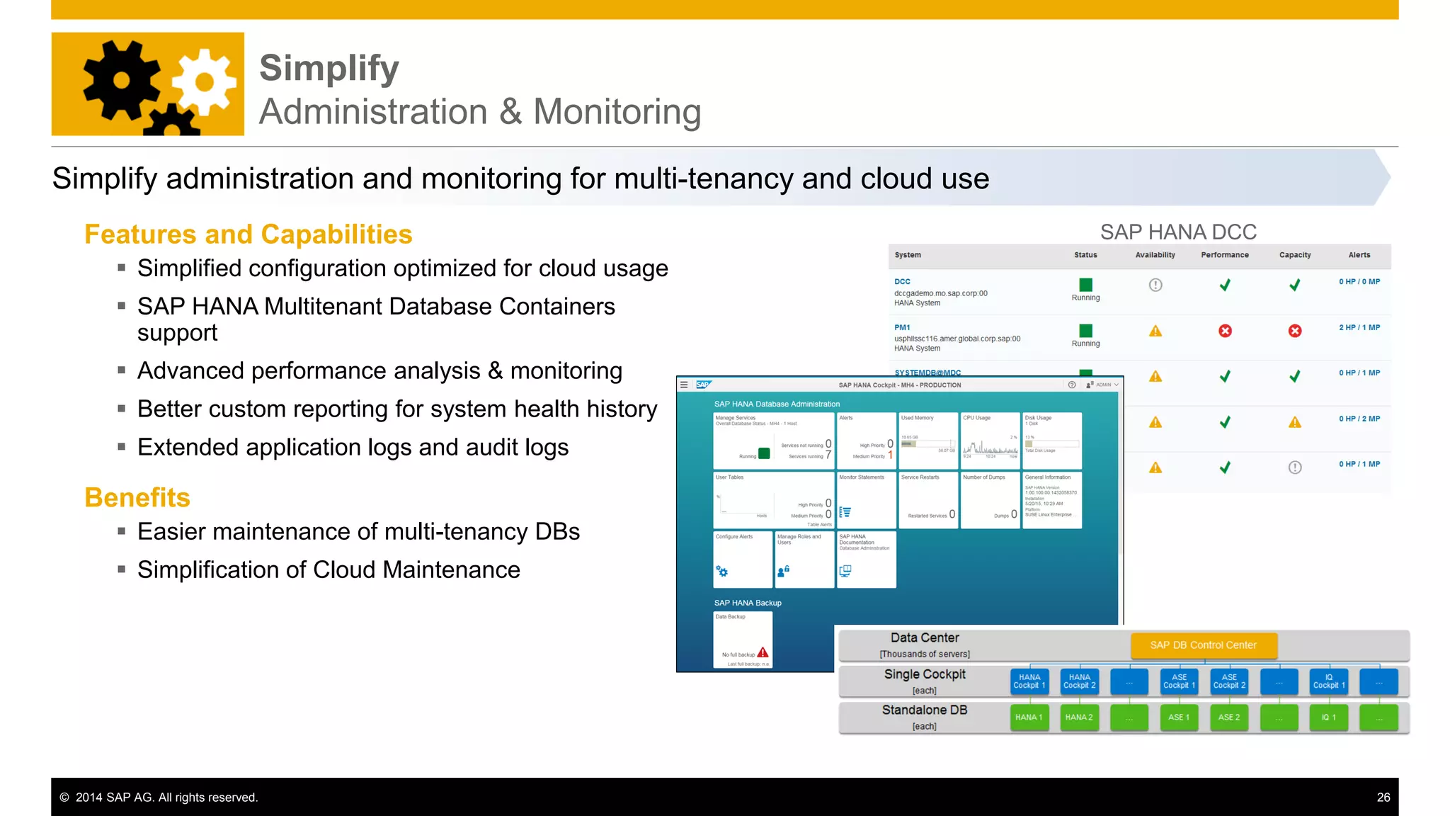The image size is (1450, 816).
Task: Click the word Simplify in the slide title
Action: [329, 69]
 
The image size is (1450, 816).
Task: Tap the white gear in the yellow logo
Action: [205, 82]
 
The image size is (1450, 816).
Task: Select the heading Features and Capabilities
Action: [248, 234]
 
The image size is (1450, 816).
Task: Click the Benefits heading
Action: [137, 497]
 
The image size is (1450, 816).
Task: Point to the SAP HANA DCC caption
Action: [1178, 232]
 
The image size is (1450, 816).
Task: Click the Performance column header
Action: [1224, 255]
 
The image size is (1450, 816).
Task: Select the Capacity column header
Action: [1294, 255]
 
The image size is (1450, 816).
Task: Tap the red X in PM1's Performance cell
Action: [1225, 331]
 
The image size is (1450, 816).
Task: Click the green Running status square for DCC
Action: [1085, 285]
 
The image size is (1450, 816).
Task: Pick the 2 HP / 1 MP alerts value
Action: [1359, 327]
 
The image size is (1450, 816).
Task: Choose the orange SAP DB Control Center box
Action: [1204, 645]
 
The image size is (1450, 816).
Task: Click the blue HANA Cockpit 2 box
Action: [1079, 681]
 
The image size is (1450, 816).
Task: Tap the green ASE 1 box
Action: [1179, 718]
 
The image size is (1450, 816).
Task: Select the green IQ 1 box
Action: [1328, 718]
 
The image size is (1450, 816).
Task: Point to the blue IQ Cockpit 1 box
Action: [1328, 681]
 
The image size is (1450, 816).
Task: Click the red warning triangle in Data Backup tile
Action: [763, 652]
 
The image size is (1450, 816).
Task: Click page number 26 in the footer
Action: [1383, 798]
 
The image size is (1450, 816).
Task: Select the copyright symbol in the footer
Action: [64, 798]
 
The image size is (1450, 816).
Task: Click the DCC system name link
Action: [902, 281]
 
